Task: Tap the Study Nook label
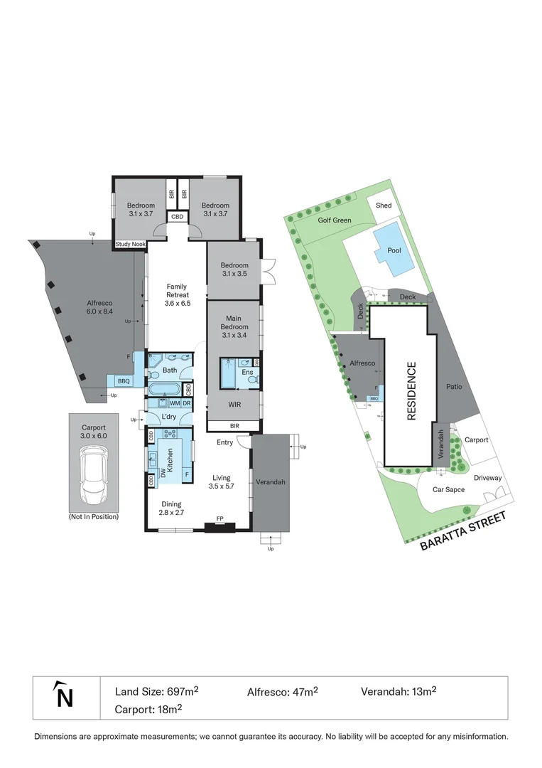click(x=130, y=245)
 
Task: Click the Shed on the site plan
click(x=384, y=206)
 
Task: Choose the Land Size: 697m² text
click(x=156, y=691)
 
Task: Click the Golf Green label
click(x=335, y=220)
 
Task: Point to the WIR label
click(x=234, y=404)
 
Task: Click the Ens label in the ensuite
click(x=246, y=372)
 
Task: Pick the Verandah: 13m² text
click(x=398, y=691)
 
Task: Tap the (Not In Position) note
click(x=94, y=517)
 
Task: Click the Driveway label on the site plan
click(x=488, y=478)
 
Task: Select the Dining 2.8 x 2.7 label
click(x=170, y=508)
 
